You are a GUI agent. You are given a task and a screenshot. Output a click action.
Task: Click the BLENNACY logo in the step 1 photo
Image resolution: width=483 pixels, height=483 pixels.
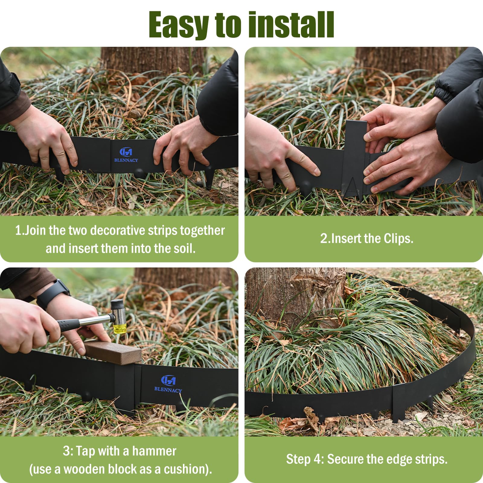pyautogui.click(x=126, y=155)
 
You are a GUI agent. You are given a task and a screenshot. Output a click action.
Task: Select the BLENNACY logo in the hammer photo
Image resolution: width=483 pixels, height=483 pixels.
pyautogui.click(x=168, y=384)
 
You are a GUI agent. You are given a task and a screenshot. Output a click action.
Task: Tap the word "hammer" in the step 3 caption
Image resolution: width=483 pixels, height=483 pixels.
pyautogui.click(x=154, y=451)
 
